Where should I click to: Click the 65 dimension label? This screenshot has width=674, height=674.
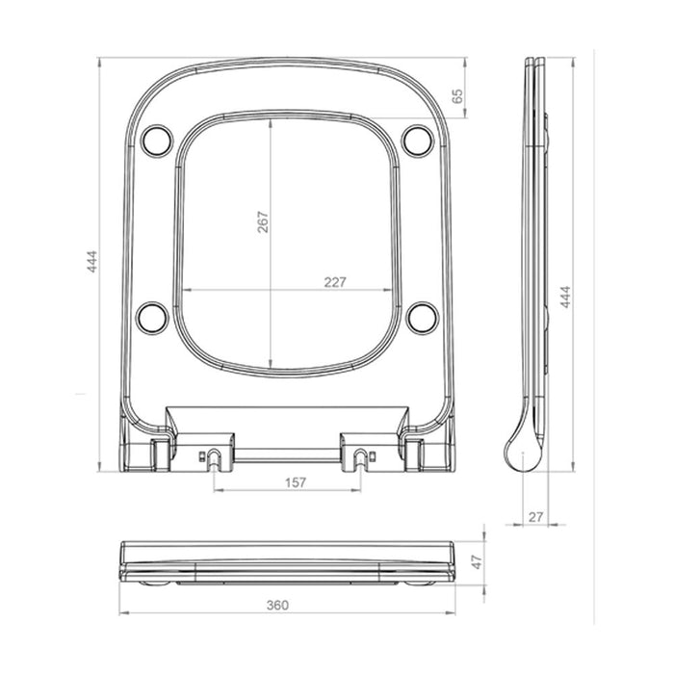[x=457, y=96]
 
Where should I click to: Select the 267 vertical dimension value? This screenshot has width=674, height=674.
[x=263, y=222]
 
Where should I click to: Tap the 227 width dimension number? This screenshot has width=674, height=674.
[x=335, y=282]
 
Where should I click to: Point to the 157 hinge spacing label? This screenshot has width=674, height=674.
[x=296, y=482]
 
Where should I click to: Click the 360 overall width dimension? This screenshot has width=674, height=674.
[x=277, y=606]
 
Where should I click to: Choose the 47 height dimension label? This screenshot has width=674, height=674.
[x=477, y=562]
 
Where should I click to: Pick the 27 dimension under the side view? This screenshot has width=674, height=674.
[x=535, y=517]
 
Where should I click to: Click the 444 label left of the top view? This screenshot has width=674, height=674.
[x=92, y=262]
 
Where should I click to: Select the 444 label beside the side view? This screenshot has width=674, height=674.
[x=565, y=297]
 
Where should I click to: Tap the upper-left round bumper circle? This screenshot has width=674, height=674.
[x=157, y=141]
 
